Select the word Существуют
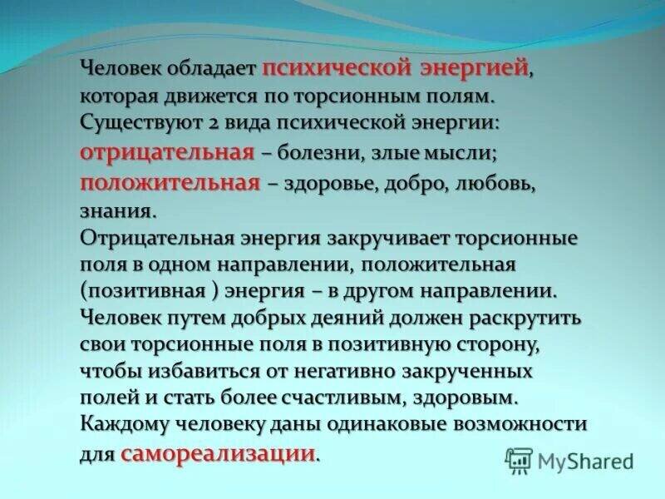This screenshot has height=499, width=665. pos(131,123)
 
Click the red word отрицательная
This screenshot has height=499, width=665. pos(167,153)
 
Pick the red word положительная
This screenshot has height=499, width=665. pos(170,183)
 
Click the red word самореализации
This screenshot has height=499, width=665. pos(219,453)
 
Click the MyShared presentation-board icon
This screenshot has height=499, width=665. pos(518,460)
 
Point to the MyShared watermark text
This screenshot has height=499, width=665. pos(585,461)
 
